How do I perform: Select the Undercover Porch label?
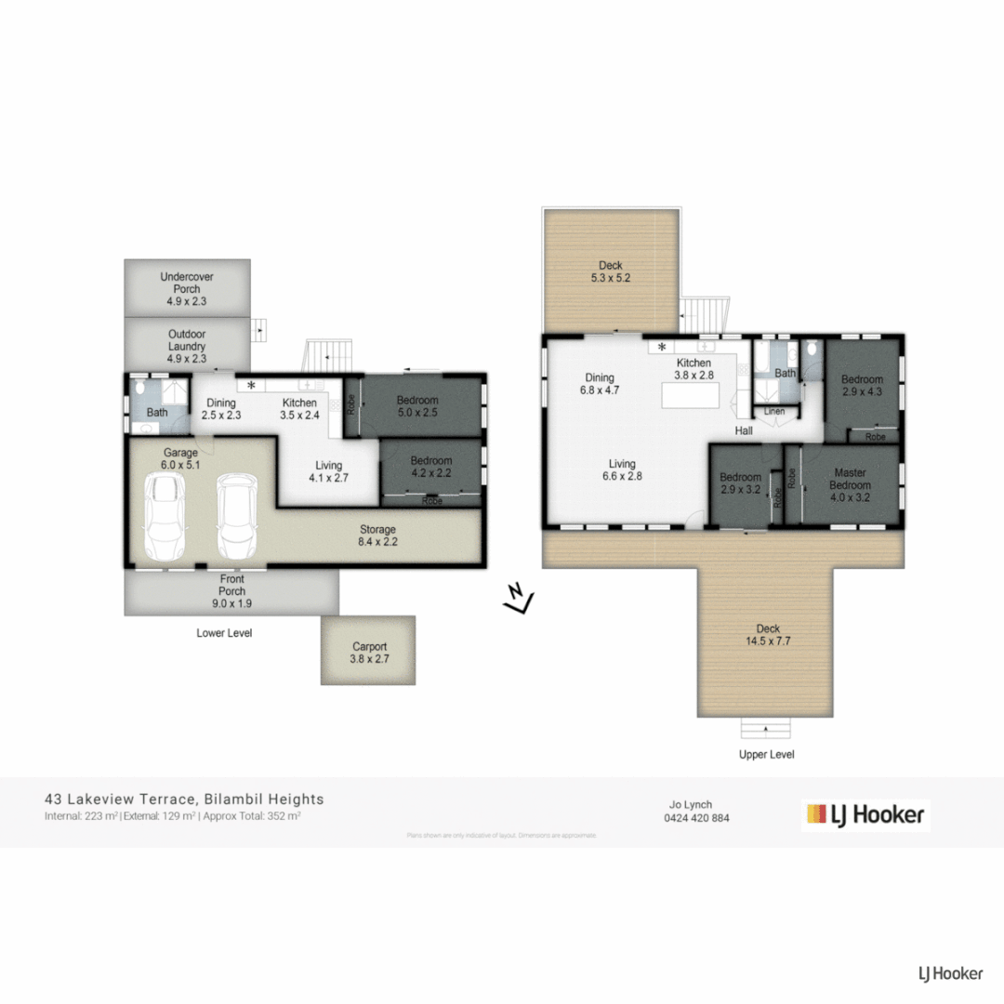point(187,283)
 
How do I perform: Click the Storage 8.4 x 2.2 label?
point(378,535)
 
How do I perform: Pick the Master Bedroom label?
point(850,479)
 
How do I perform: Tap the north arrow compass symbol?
point(517,600)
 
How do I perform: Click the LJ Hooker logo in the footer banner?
point(865,815)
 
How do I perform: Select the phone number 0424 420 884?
point(696,819)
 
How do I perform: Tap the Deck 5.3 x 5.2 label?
point(611,271)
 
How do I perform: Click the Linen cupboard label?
point(774,411)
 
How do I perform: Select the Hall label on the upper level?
point(745,431)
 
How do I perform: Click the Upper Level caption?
point(767,755)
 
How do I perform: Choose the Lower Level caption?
point(224,633)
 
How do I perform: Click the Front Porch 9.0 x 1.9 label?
point(231,597)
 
